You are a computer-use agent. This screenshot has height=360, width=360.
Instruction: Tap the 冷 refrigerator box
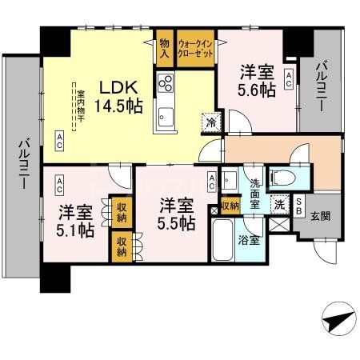point(210,122)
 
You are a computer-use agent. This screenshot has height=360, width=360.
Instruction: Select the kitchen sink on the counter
point(166,114)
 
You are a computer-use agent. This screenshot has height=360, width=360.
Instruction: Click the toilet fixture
point(283,177)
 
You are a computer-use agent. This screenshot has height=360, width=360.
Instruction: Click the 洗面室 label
point(254,192)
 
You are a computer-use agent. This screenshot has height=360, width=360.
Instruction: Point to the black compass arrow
point(338,322)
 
